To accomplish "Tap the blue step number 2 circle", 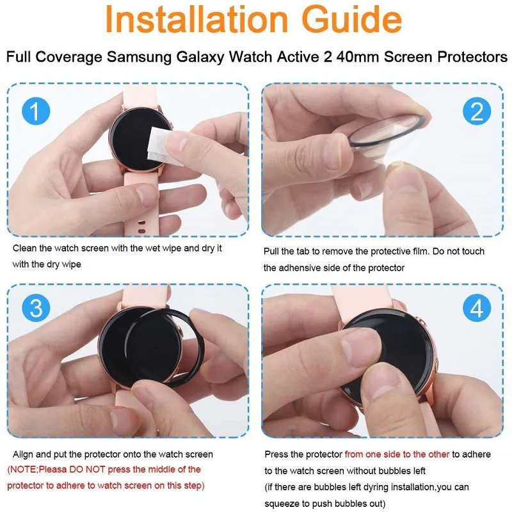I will click(x=476, y=111).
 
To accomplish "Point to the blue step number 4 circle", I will click(x=476, y=309).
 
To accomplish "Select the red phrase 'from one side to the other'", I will click(x=397, y=454).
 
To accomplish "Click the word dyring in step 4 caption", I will click(x=368, y=485).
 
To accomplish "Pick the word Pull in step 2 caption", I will click(x=273, y=252).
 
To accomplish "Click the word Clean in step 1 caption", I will click(x=24, y=248).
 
